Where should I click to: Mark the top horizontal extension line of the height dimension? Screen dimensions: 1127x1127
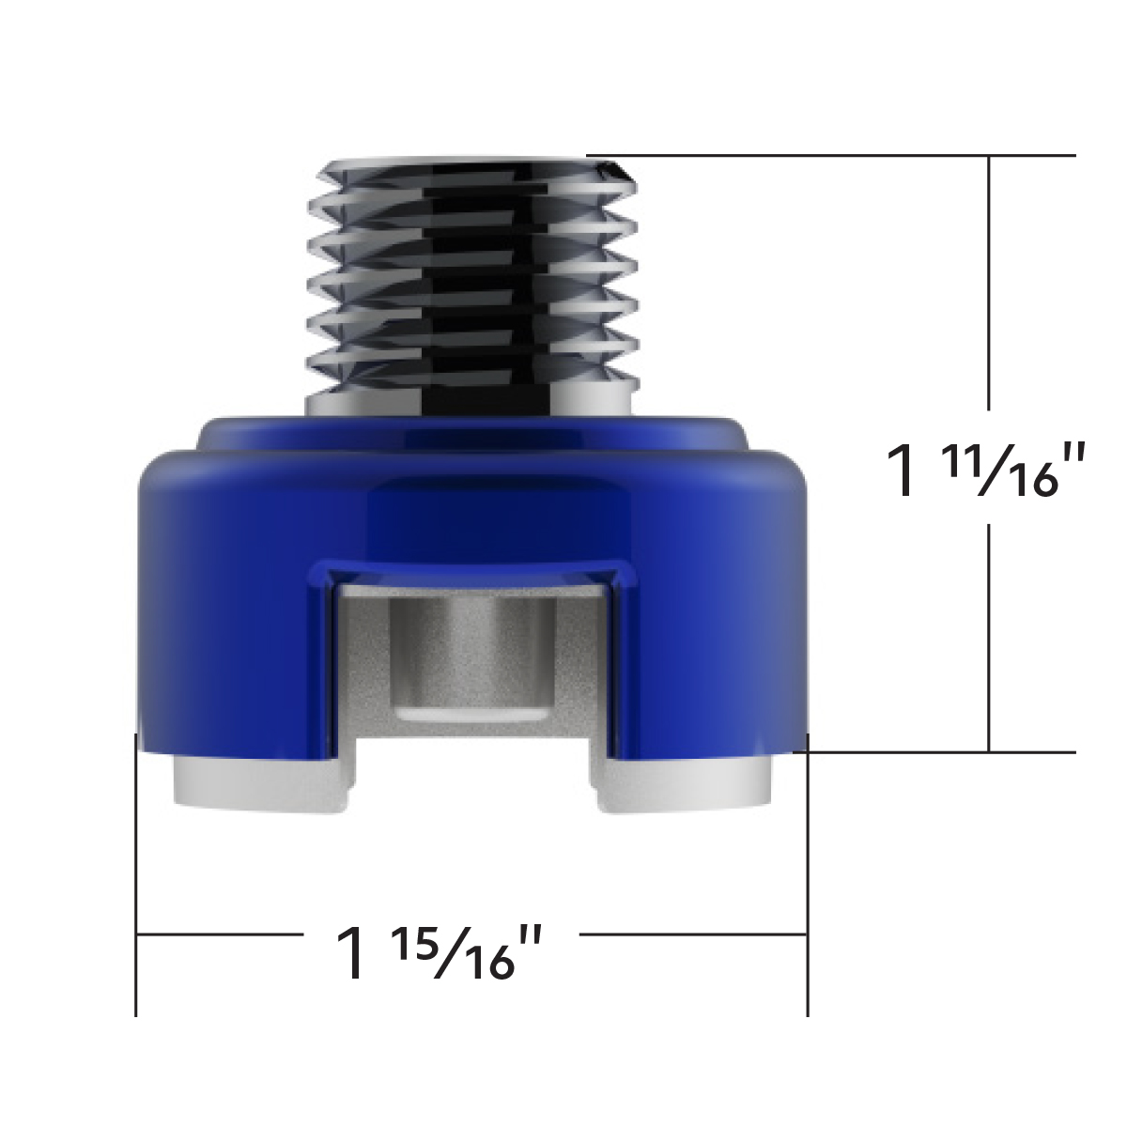tap(845, 155)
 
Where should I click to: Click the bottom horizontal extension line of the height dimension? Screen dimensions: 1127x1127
tap(939, 751)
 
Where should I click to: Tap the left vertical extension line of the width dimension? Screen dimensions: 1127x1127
tap(137, 873)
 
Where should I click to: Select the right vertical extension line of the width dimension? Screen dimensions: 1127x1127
tap(808, 873)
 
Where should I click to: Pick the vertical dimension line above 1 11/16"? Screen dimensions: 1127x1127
tap(989, 282)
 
